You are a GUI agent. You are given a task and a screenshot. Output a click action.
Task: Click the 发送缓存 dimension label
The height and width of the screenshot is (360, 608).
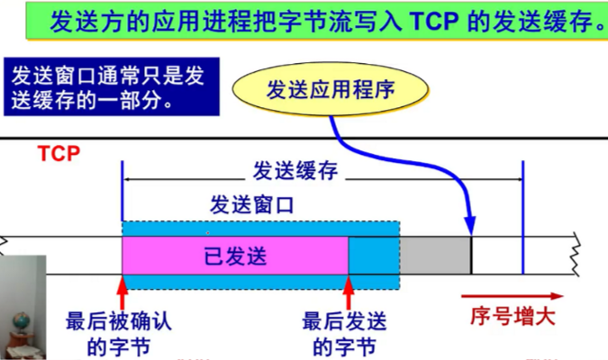(x=290, y=171)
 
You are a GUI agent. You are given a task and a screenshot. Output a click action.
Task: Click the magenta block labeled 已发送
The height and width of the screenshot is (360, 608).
(x=235, y=256)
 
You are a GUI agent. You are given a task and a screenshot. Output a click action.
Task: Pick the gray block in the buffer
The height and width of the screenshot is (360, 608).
(x=435, y=256)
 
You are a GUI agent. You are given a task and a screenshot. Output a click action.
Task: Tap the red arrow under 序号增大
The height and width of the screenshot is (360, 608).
(x=513, y=295)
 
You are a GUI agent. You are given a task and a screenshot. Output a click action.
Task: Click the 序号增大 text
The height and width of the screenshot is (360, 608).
(x=513, y=317)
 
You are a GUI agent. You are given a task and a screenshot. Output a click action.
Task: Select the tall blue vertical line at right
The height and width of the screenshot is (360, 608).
(x=522, y=216)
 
